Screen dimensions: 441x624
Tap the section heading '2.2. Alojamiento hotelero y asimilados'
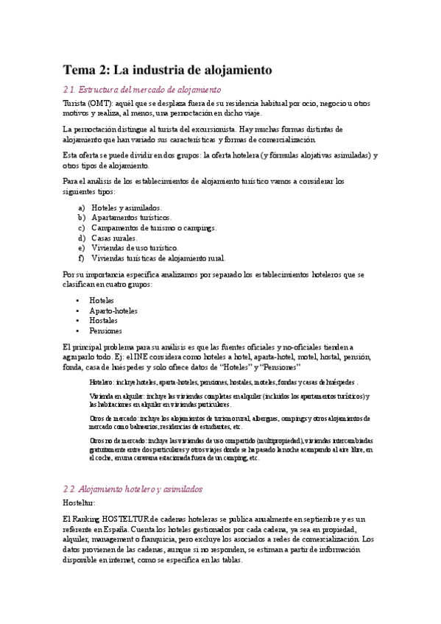click(133, 489)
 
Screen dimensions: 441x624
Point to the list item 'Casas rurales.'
click(114, 238)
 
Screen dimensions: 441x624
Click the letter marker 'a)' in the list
click(81, 208)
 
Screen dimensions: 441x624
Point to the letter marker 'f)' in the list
click(80, 258)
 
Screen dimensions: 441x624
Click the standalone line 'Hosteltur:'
click(80, 503)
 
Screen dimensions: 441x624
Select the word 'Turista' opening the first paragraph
click(75, 104)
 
